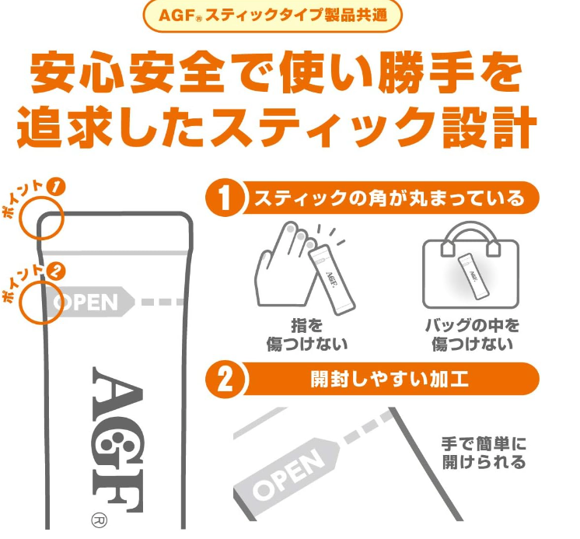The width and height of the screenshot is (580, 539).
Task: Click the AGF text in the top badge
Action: pyautogui.click(x=176, y=16)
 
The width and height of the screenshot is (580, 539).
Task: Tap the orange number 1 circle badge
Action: pyautogui.click(x=225, y=198)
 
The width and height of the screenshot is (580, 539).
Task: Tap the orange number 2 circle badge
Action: pyautogui.click(x=225, y=380)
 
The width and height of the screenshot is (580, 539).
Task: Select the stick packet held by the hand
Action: pyautogui.click(x=331, y=280)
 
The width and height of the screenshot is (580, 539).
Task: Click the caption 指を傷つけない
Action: pyautogui.click(x=306, y=334)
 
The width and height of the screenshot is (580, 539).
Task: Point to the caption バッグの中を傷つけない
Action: pyautogui.click(x=472, y=334)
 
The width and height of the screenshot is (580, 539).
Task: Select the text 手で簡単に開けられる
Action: pyautogui.click(x=484, y=453)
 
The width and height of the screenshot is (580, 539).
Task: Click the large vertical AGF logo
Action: pyautogui.click(x=117, y=439)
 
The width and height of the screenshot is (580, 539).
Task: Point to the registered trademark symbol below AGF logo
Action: pyautogui.click(x=100, y=520)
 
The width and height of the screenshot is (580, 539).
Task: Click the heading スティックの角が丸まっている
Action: pyautogui.click(x=390, y=198)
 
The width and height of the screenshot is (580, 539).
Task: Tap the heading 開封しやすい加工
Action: pyautogui.click(x=390, y=380)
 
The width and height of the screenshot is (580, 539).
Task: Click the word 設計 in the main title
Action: pyautogui.click(x=489, y=127)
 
